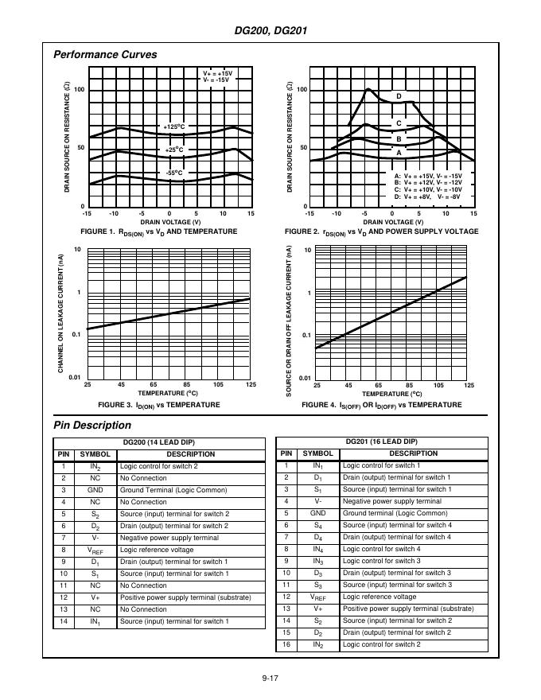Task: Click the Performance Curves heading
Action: pyautogui.click(x=104, y=55)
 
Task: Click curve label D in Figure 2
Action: pyautogui.click(x=399, y=96)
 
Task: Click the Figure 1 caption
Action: pyautogui.click(x=159, y=231)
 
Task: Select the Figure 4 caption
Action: pyautogui.click(x=381, y=405)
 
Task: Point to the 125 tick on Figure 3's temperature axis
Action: pyautogui.click(x=251, y=386)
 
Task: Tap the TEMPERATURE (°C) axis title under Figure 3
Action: pyautogui.click(x=167, y=393)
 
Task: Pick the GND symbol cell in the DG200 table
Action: pyautogui.click(x=95, y=490)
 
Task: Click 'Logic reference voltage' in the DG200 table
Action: pyautogui.click(x=156, y=550)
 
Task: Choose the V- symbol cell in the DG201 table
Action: pyautogui.click(x=317, y=501)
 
